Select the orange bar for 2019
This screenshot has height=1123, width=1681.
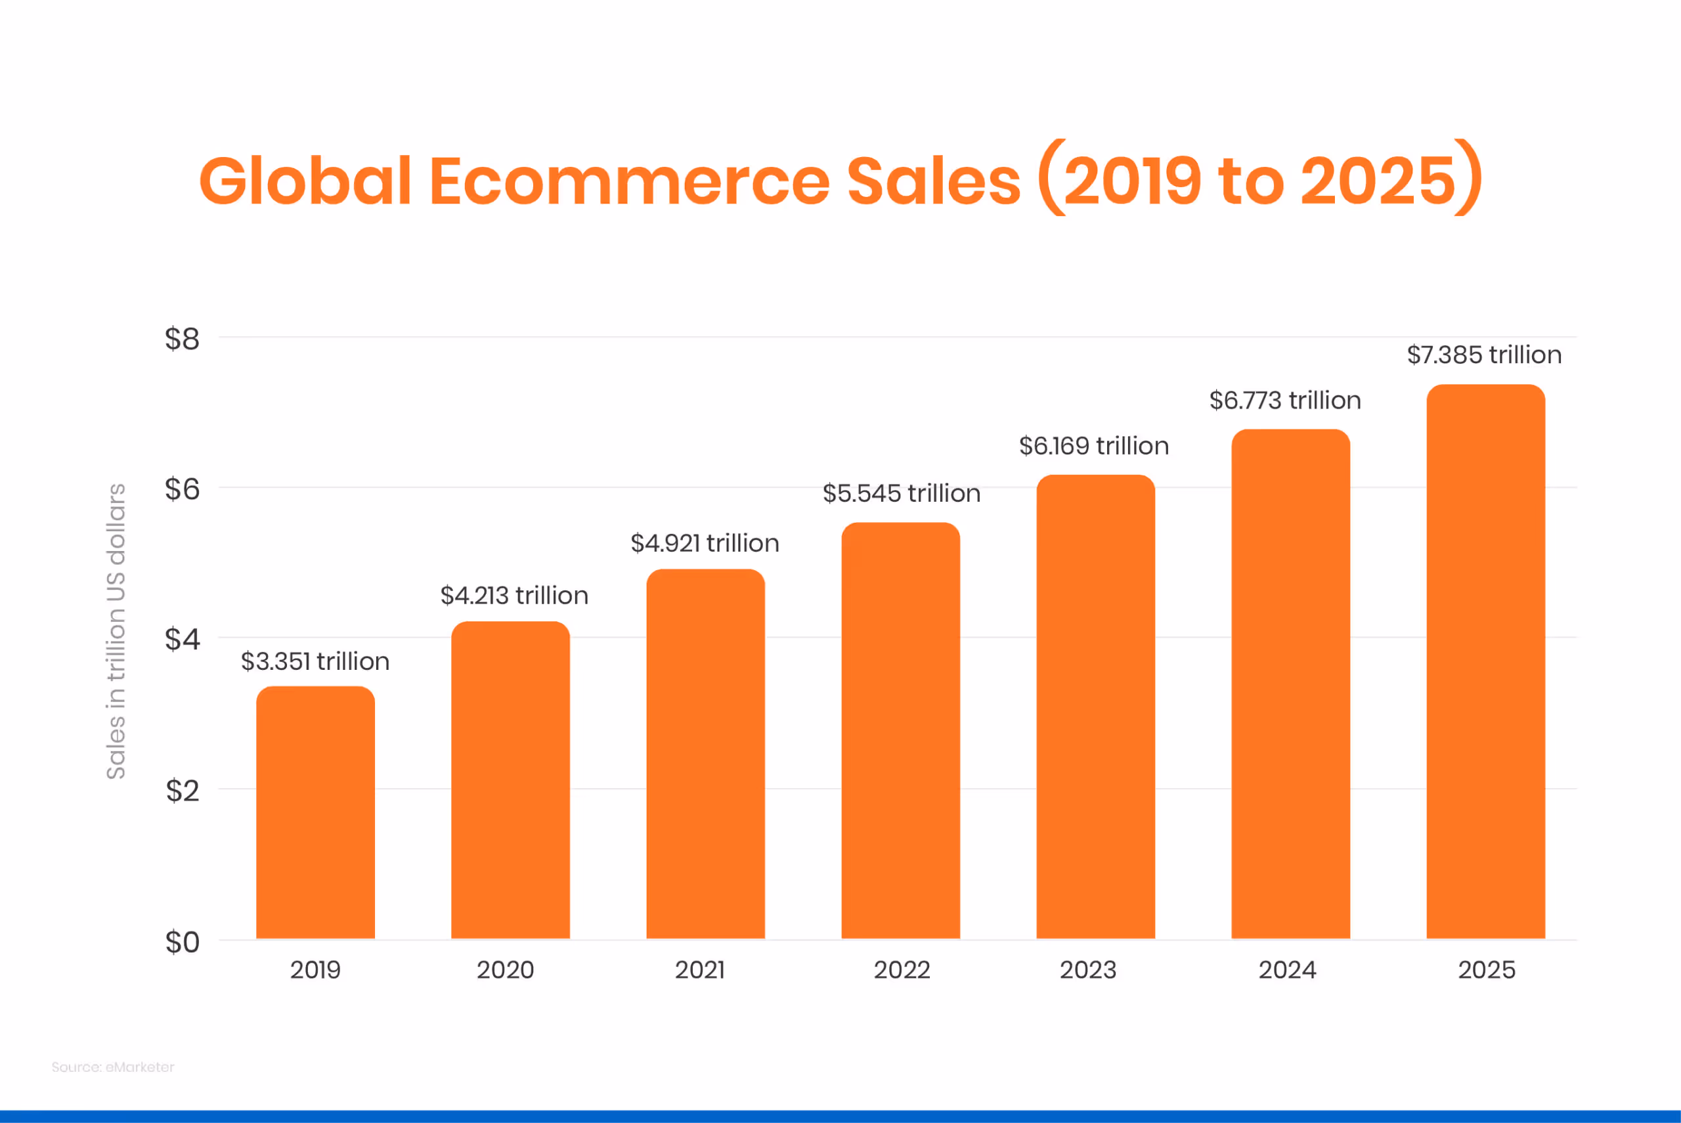pos(315,813)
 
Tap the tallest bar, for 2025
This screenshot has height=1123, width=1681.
pos(1485,662)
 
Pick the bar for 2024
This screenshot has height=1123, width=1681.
pos(1290,684)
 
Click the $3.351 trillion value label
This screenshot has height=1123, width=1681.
pos(315,661)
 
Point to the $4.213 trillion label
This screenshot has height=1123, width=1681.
pos(514,595)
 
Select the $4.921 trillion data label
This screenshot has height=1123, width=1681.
pos(705,543)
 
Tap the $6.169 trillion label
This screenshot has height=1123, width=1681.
pos(1093,445)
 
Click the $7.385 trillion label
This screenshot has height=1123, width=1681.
pos(1483,355)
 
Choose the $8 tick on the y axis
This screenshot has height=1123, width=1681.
pos(182,339)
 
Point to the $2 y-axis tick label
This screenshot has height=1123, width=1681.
pos(182,791)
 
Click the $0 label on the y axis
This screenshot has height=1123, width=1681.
pos(182,942)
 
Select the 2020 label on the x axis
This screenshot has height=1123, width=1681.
pos(506,970)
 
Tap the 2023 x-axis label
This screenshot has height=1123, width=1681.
pos(1087,970)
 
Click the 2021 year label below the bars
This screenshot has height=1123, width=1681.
pos(699,970)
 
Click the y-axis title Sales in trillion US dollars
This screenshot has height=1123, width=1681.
pos(116,631)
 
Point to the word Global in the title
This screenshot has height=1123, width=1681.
pos(305,181)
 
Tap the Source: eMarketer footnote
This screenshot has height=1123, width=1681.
pos(112,1067)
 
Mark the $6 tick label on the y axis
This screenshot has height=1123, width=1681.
pos(182,489)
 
